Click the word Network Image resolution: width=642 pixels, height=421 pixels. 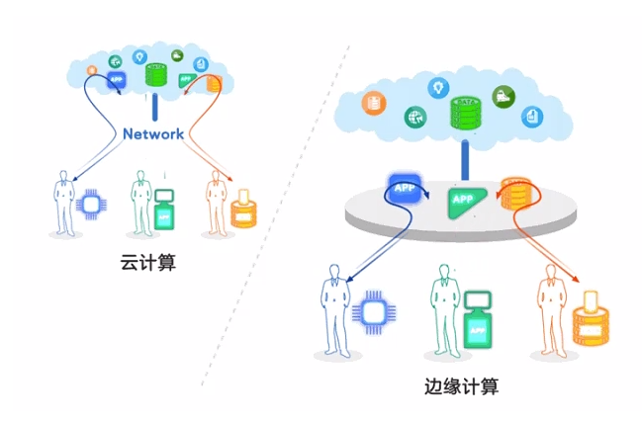(153, 134)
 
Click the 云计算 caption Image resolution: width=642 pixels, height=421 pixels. (147, 264)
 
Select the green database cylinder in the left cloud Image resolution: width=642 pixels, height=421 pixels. (155, 74)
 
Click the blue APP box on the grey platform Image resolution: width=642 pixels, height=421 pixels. (405, 188)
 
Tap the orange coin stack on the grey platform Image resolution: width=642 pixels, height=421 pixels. (516, 194)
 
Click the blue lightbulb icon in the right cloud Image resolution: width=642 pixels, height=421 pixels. (434, 88)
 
